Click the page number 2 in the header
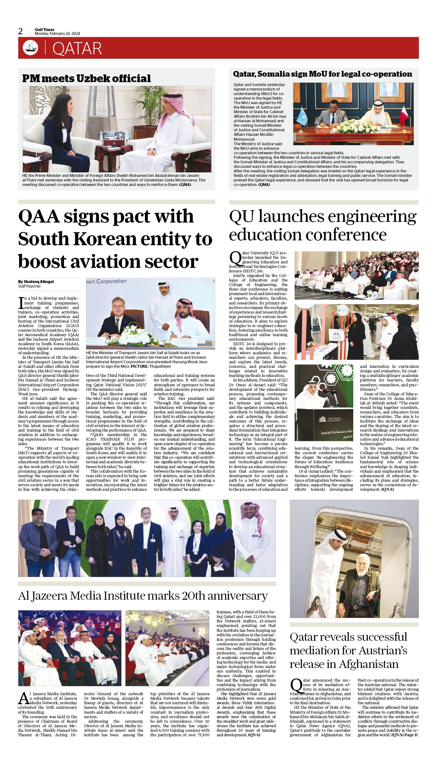click(20, 31)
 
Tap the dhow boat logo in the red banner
click(30, 48)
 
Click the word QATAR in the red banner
click(77, 49)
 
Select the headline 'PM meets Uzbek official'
click(86, 78)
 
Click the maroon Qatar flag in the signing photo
click(403, 116)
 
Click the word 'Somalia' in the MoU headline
click(272, 74)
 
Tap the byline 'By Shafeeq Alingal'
click(36, 281)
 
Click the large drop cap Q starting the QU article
click(235, 258)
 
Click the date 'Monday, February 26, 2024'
click(57, 34)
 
